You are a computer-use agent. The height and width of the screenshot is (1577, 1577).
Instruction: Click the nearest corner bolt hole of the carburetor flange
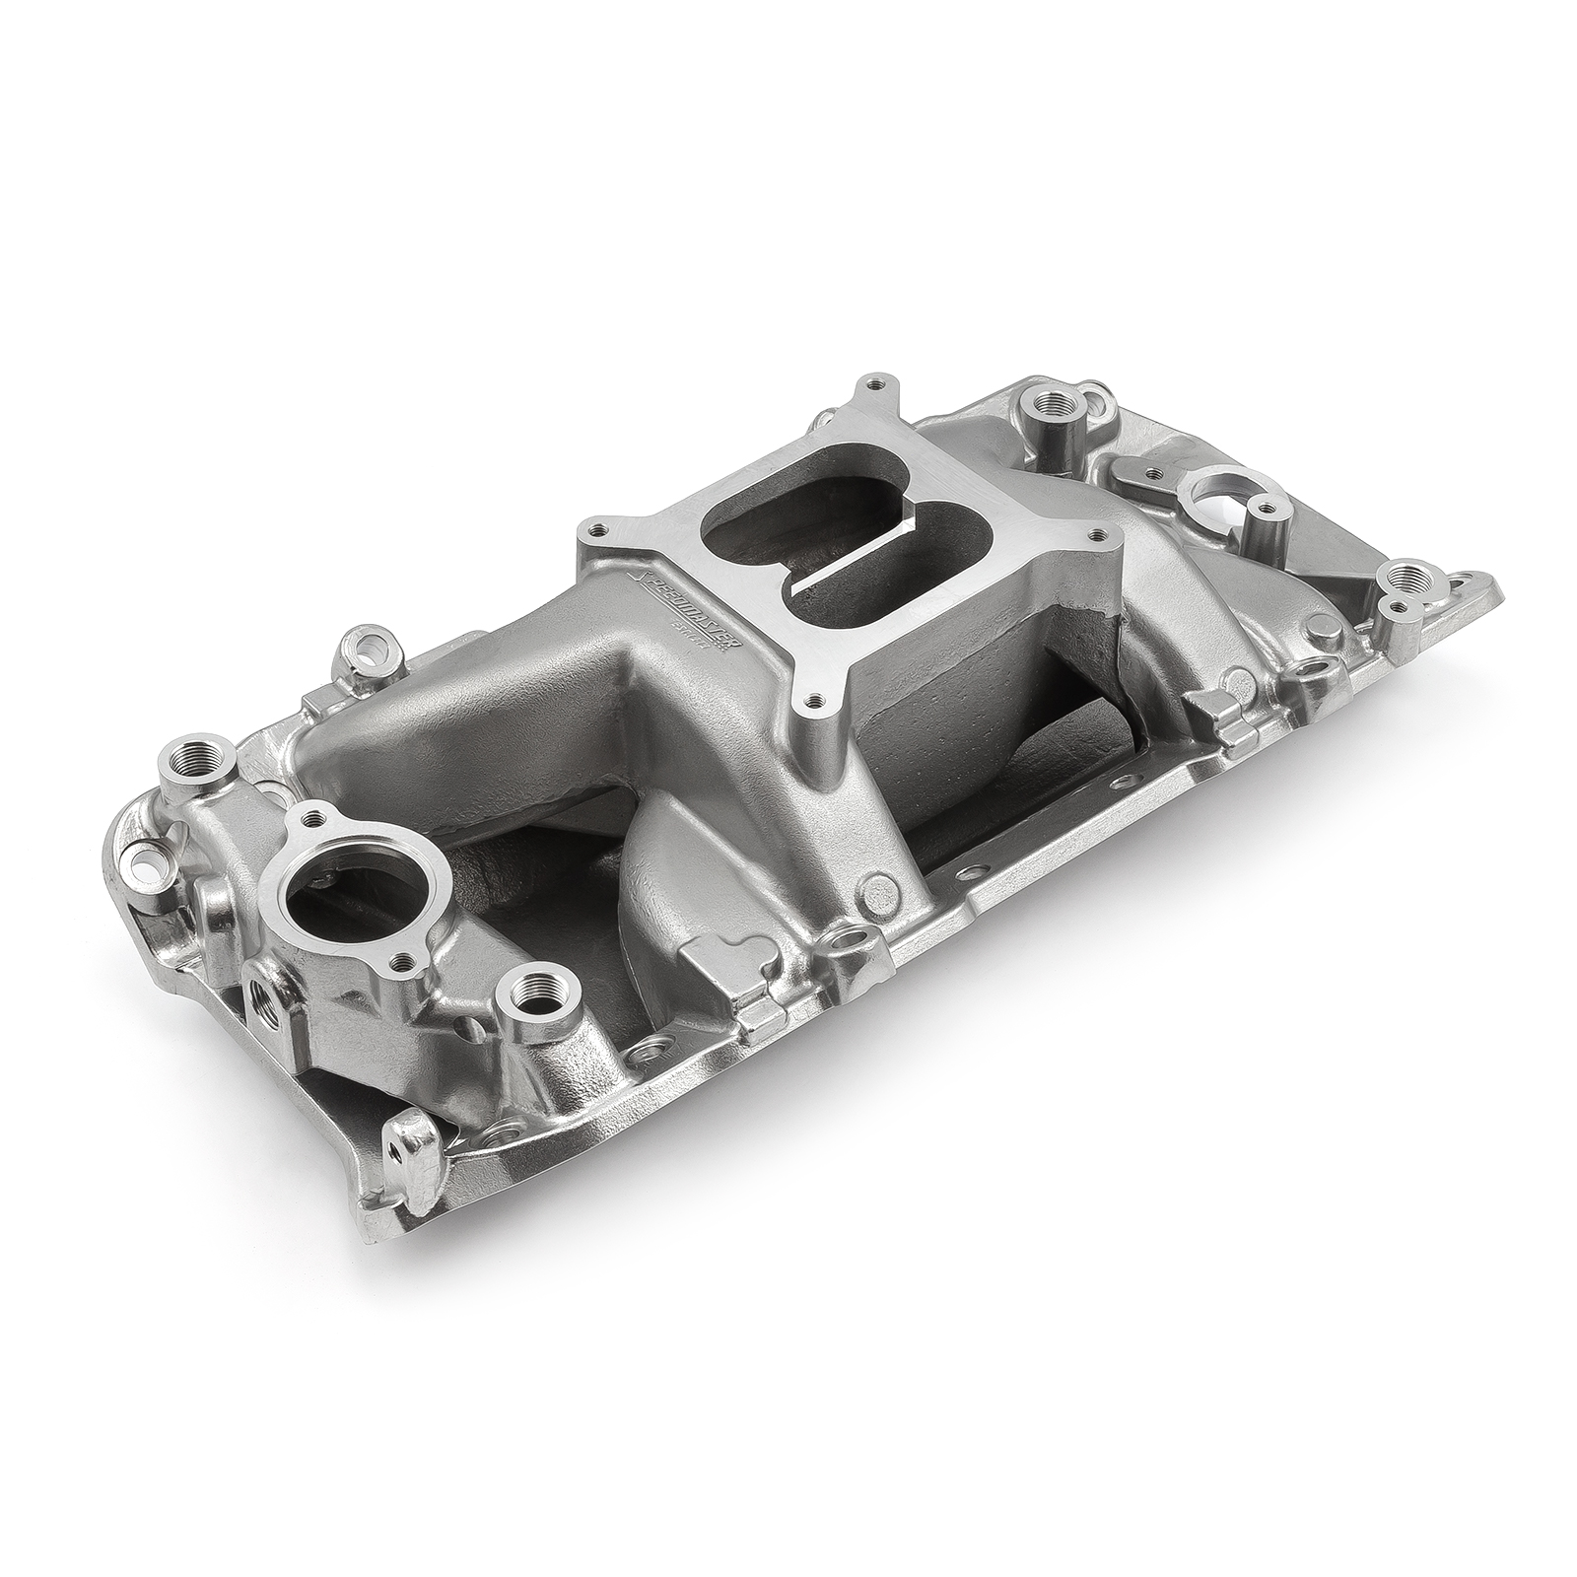(x=811, y=697)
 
